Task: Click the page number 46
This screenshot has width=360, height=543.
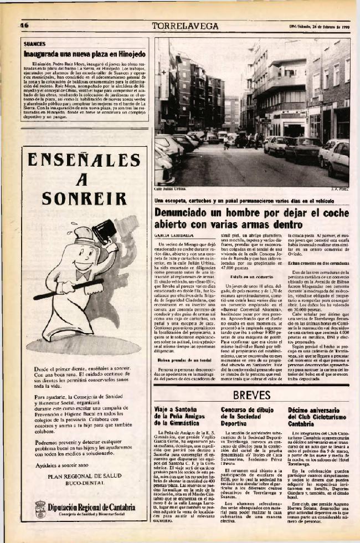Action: (x=24, y=25)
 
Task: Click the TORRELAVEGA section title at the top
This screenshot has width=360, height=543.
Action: (x=185, y=25)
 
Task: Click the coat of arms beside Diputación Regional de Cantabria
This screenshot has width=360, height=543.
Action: (x=40, y=509)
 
